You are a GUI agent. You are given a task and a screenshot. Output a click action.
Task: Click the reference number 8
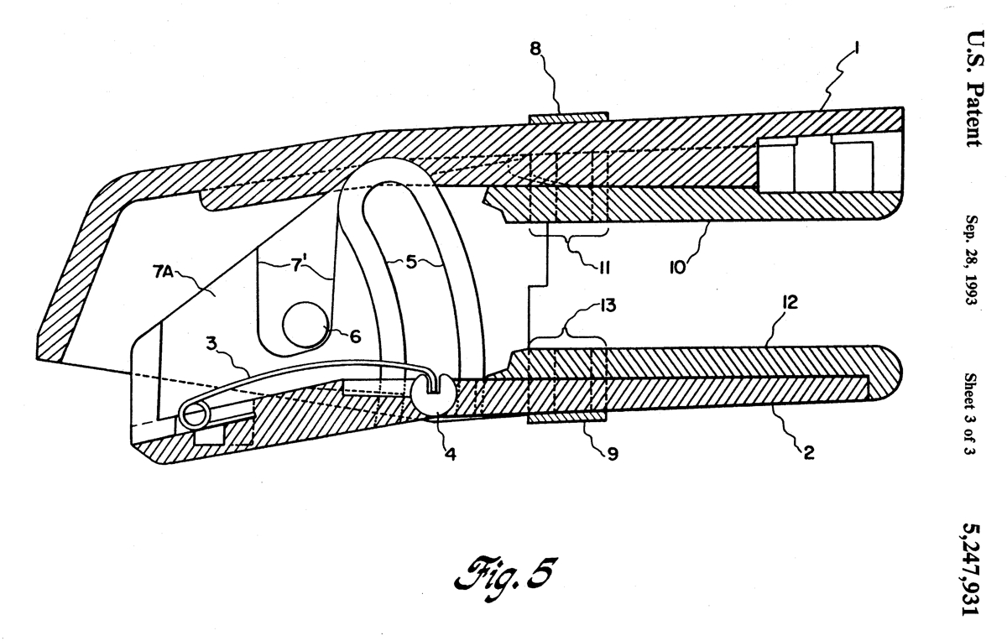[x=535, y=49]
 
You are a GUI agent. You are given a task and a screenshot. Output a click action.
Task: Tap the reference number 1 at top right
[x=857, y=48]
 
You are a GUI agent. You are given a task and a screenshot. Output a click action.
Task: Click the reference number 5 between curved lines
[x=411, y=262]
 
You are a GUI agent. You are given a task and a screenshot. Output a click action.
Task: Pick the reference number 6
[x=356, y=336]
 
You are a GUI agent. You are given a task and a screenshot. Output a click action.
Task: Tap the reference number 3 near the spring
[x=211, y=344]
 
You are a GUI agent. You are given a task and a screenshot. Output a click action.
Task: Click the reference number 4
[x=451, y=454]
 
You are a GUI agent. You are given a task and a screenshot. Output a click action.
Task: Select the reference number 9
[x=613, y=454]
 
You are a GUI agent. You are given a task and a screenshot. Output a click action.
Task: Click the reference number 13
[x=608, y=305]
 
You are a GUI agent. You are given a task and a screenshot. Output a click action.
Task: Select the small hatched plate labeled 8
[x=569, y=117]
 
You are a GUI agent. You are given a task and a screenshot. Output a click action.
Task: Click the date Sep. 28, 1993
[x=973, y=260]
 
